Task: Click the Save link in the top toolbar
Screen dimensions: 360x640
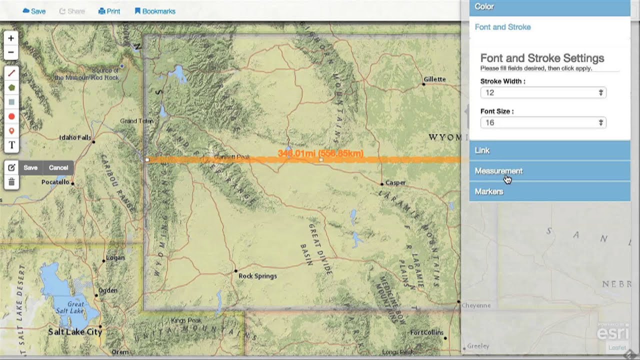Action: click(34, 11)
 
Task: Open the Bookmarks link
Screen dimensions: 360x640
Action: click(155, 11)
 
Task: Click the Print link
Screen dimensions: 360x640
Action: click(109, 11)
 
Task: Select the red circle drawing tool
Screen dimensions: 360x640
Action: click(11, 116)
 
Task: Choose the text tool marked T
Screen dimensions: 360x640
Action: click(11, 145)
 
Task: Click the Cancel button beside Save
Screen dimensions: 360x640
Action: click(58, 167)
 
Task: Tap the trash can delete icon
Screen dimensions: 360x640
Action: click(11, 182)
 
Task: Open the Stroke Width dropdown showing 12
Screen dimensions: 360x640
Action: click(543, 92)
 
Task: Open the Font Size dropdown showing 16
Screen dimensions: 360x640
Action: click(543, 122)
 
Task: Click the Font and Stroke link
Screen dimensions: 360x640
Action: click(502, 27)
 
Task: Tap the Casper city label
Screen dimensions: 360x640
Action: click(395, 182)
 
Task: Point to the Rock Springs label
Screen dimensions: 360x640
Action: click(257, 275)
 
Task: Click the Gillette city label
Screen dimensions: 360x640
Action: click(434, 79)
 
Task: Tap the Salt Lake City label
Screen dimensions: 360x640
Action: click(75, 331)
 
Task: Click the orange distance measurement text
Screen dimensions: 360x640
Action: click(320, 153)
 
